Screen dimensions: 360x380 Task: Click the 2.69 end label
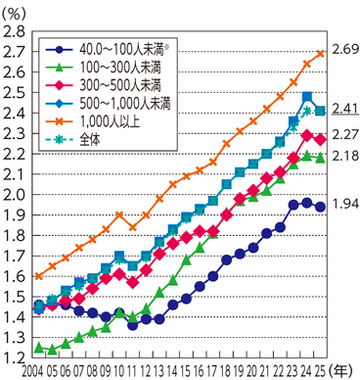click(x=345, y=50)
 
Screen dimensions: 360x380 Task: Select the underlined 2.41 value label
click(x=345, y=109)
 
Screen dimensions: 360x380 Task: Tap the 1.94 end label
click(x=345, y=204)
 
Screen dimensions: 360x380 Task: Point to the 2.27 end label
click(x=345, y=134)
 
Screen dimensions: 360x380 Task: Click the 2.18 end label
click(x=345, y=156)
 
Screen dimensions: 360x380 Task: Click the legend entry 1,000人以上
click(x=110, y=121)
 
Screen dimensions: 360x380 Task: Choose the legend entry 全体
click(x=90, y=139)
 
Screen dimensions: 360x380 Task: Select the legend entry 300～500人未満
click(x=120, y=85)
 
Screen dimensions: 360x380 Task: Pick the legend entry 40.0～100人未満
click(x=124, y=50)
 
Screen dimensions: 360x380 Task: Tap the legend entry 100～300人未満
click(x=120, y=68)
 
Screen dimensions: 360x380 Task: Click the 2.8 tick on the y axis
click(x=14, y=31)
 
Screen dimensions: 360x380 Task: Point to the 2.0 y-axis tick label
click(x=14, y=195)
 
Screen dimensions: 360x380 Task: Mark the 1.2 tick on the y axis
click(x=14, y=358)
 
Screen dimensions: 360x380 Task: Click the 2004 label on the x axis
click(x=32, y=371)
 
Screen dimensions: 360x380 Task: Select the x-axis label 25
click(x=320, y=371)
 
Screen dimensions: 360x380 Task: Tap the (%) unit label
click(x=13, y=14)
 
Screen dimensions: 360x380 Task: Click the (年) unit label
click(x=341, y=371)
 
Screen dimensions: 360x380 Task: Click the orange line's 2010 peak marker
click(x=119, y=214)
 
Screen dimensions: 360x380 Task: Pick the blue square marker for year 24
click(x=307, y=97)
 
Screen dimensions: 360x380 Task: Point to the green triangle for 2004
click(x=39, y=348)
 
